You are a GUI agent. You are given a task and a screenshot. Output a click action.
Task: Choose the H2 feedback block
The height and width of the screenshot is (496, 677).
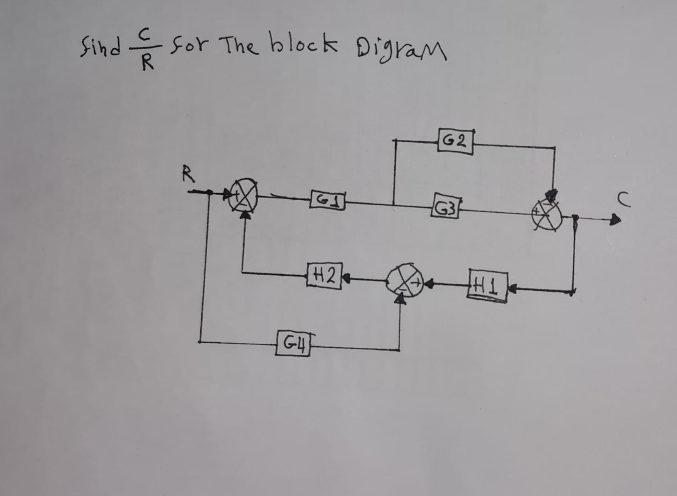tap(324, 276)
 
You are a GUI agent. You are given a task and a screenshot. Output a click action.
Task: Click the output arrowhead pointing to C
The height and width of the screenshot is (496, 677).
tap(614, 220)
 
